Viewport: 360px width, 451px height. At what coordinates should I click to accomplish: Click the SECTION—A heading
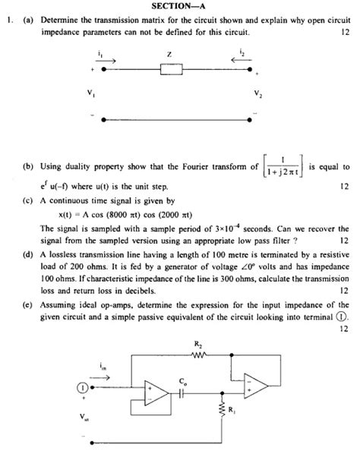point(178,6)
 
